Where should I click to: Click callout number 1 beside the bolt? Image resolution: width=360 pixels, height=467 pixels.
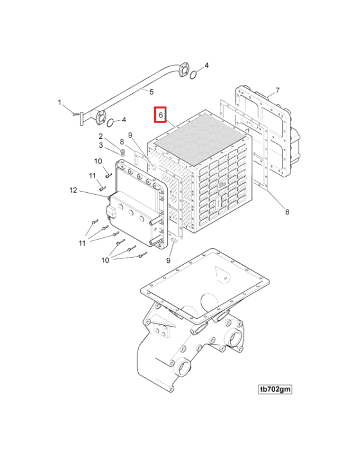(60, 102)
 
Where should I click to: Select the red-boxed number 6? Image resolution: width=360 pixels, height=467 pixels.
(161, 115)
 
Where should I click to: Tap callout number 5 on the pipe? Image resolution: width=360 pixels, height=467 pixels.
(152, 91)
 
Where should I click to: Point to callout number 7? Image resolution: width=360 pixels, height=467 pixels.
(278, 90)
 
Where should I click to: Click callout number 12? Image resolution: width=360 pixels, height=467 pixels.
(73, 190)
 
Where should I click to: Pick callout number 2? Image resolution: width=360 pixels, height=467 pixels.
(100, 136)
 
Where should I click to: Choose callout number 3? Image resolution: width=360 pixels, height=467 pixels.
(100, 145)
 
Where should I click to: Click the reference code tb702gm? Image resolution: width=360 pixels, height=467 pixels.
(275, 389)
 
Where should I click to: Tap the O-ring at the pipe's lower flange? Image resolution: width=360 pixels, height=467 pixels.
(110, 123)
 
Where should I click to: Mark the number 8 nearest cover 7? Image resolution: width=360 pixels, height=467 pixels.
(287, 212)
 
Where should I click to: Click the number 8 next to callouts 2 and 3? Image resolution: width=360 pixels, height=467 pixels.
(122, 141)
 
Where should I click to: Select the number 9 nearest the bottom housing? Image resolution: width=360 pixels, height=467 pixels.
(169, 260)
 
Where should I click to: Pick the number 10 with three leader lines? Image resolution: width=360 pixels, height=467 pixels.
(105, 260)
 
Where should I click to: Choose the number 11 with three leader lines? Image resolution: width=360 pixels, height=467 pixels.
(82, 243)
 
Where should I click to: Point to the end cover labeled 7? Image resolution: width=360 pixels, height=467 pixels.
(265, 133)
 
